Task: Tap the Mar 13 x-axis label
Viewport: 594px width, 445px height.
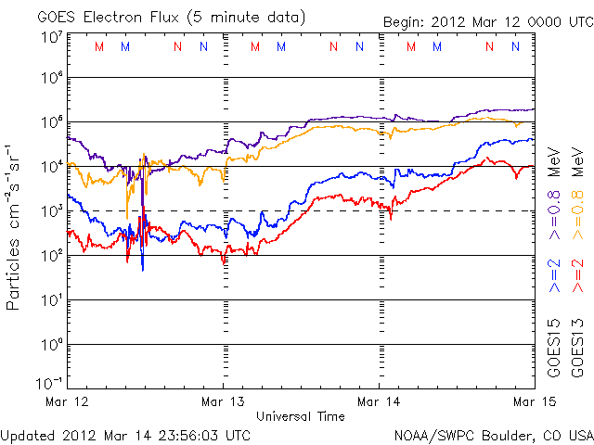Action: (x=224, y=400)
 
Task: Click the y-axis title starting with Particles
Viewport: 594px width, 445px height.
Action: (x=16, y=228)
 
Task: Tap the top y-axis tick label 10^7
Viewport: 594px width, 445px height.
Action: (x=52, y=37)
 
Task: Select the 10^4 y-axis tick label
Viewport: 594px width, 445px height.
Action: (x=52, y=166)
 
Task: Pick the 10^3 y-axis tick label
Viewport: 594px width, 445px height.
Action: (x=52, y=210)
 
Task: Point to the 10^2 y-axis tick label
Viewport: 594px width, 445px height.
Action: (x=52, y=255)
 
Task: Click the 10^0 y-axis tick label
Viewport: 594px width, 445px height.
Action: (x=52, y=344)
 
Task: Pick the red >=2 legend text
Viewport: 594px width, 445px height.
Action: (x=577, y=276)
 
